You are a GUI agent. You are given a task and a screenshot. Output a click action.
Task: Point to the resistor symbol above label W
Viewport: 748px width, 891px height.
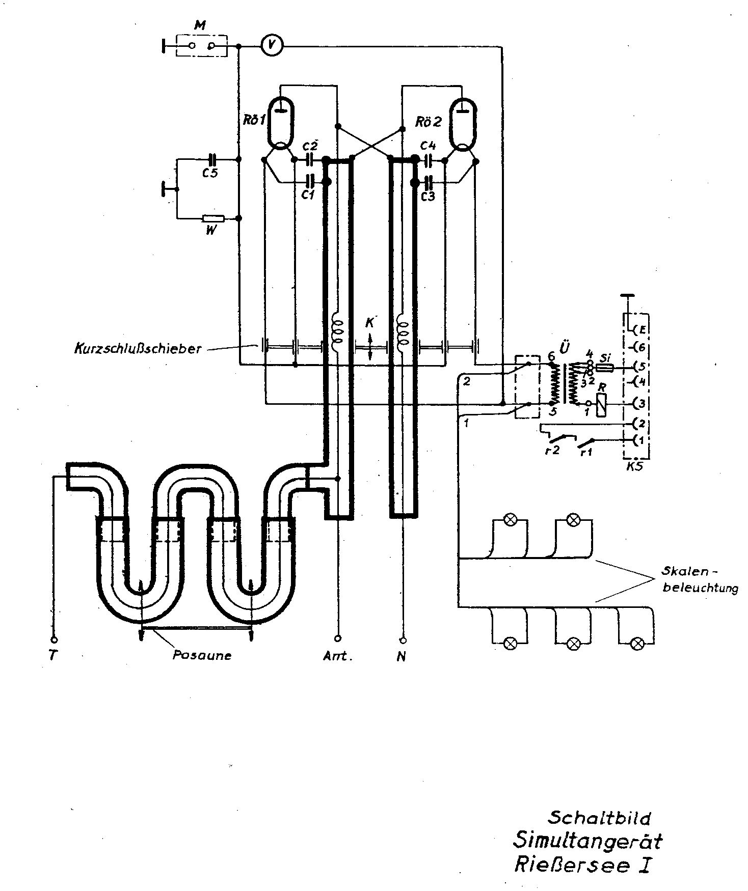(213, 218)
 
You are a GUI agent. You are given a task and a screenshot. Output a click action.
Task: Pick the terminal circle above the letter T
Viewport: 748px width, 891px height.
(54, 639)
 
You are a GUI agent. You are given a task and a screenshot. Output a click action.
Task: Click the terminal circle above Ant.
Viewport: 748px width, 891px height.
(337, 638)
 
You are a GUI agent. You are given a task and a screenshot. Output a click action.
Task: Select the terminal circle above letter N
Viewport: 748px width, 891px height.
(403, 639)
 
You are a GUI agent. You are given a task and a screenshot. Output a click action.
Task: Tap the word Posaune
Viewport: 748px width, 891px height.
(202, 655)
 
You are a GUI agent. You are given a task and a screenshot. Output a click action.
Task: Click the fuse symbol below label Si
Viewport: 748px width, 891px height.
(604, 367)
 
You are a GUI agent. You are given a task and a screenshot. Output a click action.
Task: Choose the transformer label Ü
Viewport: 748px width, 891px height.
(564, 348)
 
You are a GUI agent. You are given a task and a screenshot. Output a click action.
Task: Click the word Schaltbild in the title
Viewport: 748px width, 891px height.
(599, 817)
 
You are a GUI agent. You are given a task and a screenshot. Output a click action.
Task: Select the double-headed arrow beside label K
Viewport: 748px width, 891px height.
(370, 347)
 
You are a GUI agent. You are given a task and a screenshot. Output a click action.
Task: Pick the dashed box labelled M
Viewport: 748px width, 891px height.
(201, 46)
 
